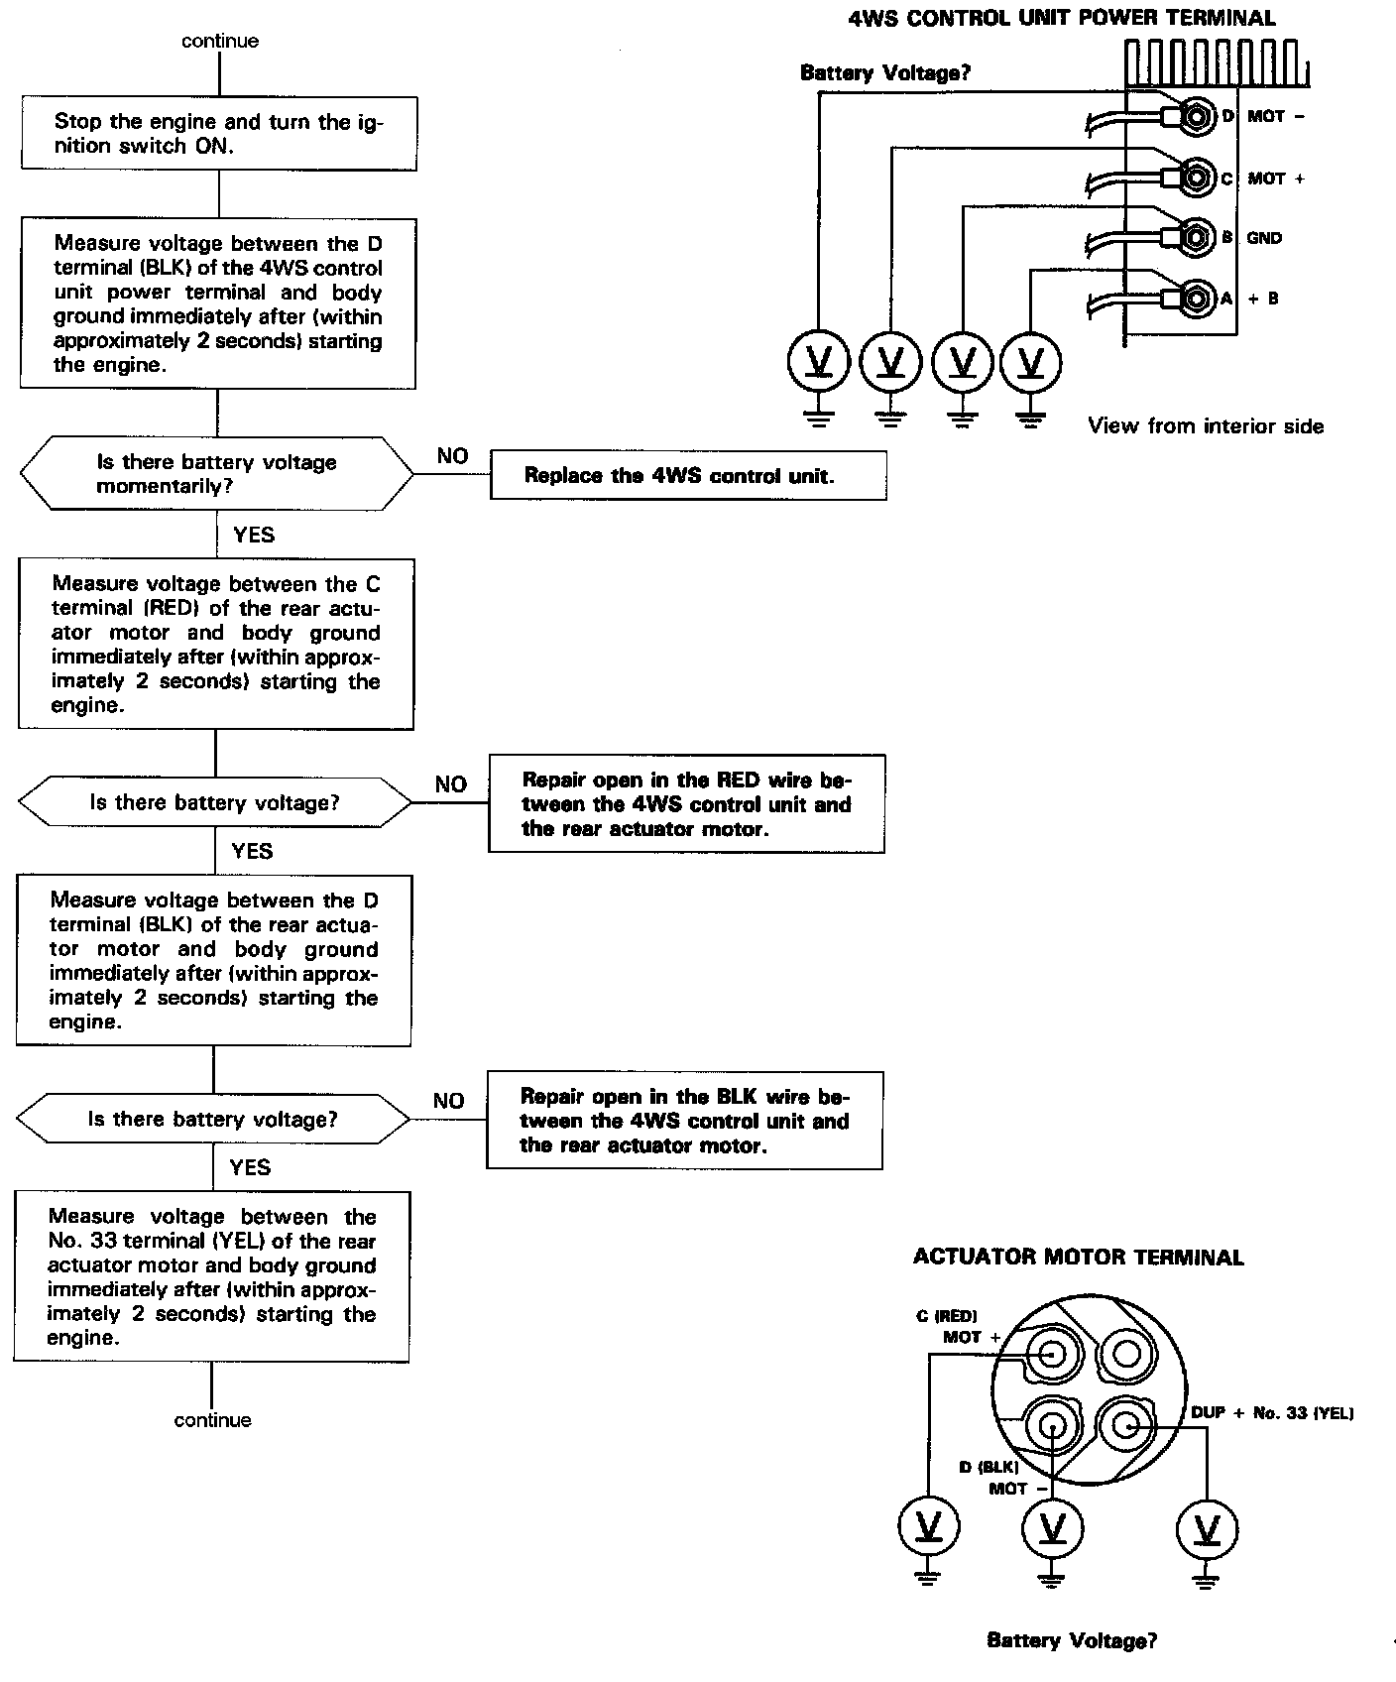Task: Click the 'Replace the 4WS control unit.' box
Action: click(687, 475)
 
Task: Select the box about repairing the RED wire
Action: click(686, 804)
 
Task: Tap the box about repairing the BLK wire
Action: click(684, 1121)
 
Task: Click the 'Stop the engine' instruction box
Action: click(218, 134)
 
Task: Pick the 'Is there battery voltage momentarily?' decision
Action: click(216, 474)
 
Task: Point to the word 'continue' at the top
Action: click(220, 41)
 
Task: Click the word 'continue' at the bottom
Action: click(212, 1420)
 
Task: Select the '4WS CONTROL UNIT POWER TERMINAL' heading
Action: click(1062, 17)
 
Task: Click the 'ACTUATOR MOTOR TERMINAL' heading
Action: click(1078, 1258)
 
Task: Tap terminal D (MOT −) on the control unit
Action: click(1198, 117)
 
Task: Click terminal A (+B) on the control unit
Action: click(1198, 299)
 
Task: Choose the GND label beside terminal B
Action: click(1264, 238)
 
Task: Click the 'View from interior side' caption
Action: click(1205, 426)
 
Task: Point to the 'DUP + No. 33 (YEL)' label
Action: click(1272, 1413)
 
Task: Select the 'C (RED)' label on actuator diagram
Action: click(947, 1316)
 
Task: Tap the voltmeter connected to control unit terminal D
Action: click(818, 362)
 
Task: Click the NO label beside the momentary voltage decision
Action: click(452, 456)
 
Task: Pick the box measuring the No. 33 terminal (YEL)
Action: click(211, 1277)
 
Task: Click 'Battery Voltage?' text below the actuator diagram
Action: click(1072, 1640)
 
